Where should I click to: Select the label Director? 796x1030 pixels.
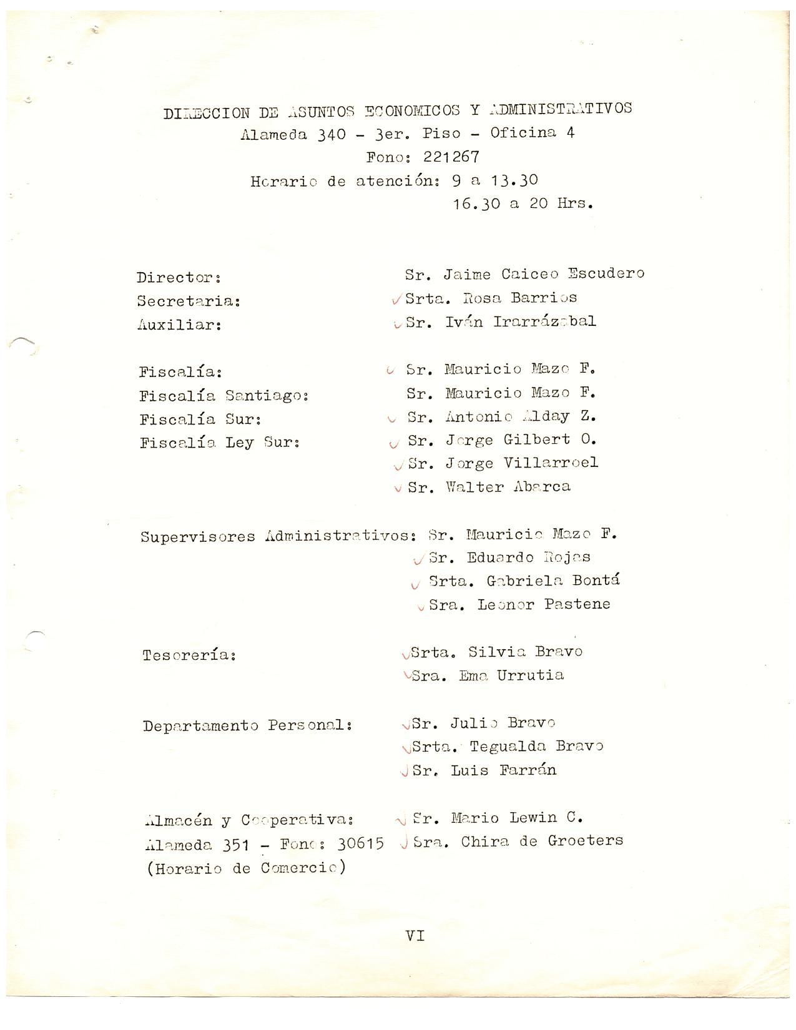(179, 277)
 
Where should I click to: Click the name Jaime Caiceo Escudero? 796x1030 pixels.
(544, 274)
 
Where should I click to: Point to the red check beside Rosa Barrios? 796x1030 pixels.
(396, 300)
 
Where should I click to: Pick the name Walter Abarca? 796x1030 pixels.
(508, 487)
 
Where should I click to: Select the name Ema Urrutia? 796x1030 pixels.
(511, 675)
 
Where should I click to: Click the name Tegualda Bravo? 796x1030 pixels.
(536, 747)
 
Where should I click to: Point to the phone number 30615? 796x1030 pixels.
(360, 844)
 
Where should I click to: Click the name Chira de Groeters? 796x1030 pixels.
(542, 841)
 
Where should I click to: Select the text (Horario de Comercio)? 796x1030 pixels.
(245, 868)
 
